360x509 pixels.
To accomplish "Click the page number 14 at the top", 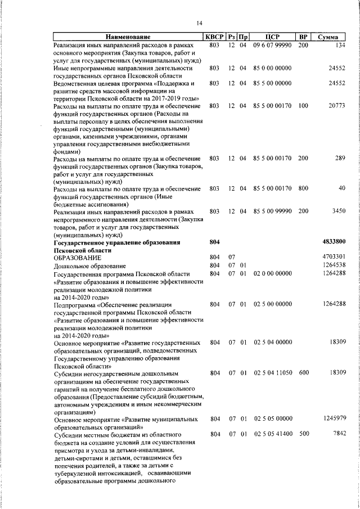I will pos(199,23).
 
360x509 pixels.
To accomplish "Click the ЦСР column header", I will pos(272,37).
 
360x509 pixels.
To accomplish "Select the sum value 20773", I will pos(336,106).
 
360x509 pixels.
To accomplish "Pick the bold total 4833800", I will pos(334,242).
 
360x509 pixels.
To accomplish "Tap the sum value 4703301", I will pos(334,257).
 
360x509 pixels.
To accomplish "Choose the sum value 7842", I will pos(338,434).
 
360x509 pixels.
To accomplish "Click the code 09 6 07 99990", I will pos(272,45).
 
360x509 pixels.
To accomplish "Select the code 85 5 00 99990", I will pos(272,211).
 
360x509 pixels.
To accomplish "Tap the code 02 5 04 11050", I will pos(272,373).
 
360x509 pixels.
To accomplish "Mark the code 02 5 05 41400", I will pos(272,434).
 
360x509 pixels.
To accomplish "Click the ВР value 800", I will pos(303,188).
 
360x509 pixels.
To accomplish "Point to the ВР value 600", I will pos(303,373).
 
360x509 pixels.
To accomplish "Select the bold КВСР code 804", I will pos(214,242).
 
